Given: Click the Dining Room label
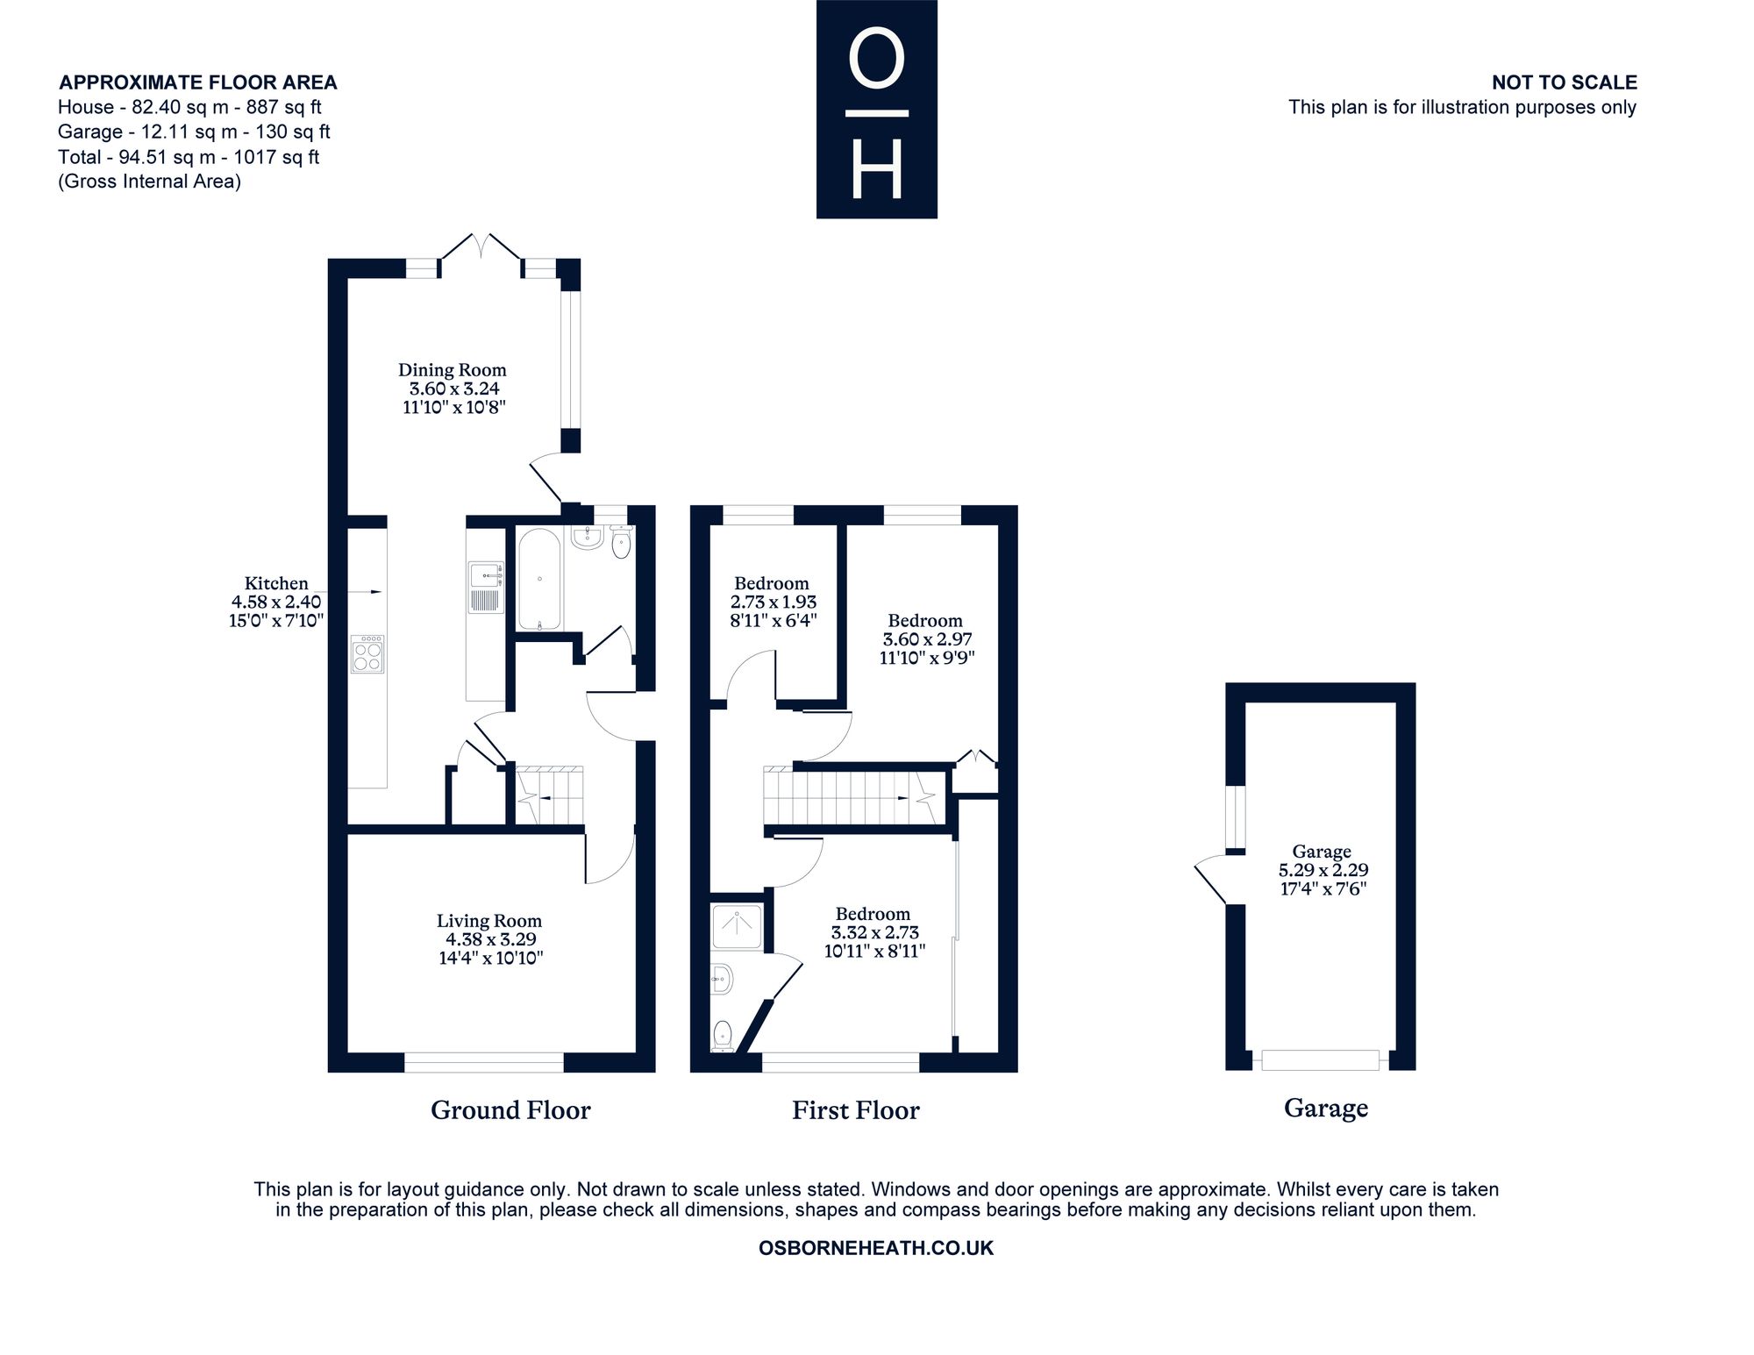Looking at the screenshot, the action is click(x=452, y=370).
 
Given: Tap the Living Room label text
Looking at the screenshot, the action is click(x=489, y=921).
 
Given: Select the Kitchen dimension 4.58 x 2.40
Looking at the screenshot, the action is click(x=276, y=602).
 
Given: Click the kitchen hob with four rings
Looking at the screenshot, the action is click(x=367, y=653).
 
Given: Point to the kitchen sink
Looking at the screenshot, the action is click(x=485, y=587).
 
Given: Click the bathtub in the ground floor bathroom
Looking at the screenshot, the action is click(x=538, y=578).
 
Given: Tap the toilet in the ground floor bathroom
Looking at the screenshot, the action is click(x=621, y=541).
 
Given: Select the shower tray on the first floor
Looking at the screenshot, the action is click(x=738, y=927).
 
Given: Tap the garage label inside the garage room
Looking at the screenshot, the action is click(x=1322, y=852).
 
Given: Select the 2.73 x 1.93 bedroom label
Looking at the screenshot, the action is click(x=773, y=602).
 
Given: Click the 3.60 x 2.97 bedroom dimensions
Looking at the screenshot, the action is click(x=927, y=639).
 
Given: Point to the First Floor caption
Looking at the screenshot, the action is click(x=856, y=1110).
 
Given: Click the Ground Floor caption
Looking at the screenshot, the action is click(x=510, y=1110).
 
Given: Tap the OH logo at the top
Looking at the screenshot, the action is click(x=877, y=109).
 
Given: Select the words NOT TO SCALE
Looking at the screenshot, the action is click(x=1565, y=82).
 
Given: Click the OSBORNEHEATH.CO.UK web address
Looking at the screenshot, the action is click(x=876, y=1248).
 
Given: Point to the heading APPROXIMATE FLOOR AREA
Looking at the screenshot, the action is click(x=198, y=82).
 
